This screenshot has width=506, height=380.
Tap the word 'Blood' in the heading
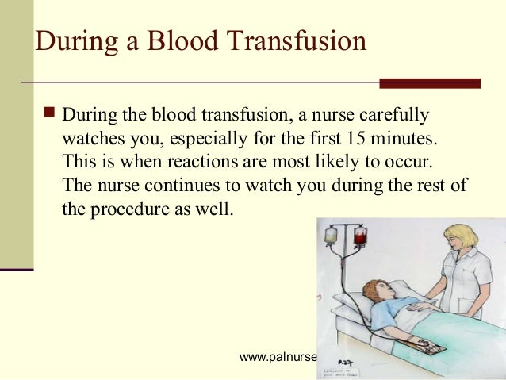tap(176, 40)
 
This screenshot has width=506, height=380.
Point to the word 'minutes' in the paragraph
tap(404, 139)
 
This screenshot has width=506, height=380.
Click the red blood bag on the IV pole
tap(361, 236)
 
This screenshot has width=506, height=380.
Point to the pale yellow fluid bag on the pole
tap(331, 236)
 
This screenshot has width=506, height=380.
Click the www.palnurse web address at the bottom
tap(278, 357)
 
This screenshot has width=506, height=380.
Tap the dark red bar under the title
tap(429, 83)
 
